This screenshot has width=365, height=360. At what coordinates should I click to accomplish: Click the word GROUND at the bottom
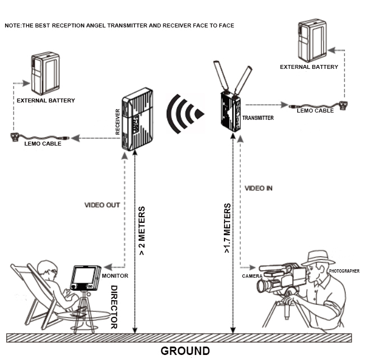[x=185, y=351]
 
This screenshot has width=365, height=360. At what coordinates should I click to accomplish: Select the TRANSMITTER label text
[x=258, y=118]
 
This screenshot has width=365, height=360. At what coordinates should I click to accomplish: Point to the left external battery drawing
[x=45, y=73]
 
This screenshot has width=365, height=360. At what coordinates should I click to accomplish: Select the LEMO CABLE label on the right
[x=315, y=110]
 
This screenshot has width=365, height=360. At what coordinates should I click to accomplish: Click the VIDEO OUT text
[x=102, y=205]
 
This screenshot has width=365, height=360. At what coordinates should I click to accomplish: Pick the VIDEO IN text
[x=259, y=188]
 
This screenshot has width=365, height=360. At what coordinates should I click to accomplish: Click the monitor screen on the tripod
[x=83, y=277]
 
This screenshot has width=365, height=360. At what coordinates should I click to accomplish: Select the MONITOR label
[x=116, y=275]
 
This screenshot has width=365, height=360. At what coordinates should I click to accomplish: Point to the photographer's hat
[x=317, y=258]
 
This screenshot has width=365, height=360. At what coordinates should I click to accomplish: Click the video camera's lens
[x=262, y=286]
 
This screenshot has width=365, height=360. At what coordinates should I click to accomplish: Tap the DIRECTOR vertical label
[x=113, y=306]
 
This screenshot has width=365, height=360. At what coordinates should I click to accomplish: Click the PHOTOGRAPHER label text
[x=344, y=271]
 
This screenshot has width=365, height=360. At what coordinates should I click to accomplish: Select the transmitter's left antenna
[x=220, y=75]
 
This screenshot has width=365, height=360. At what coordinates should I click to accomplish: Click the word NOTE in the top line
[x=12, y=26]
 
